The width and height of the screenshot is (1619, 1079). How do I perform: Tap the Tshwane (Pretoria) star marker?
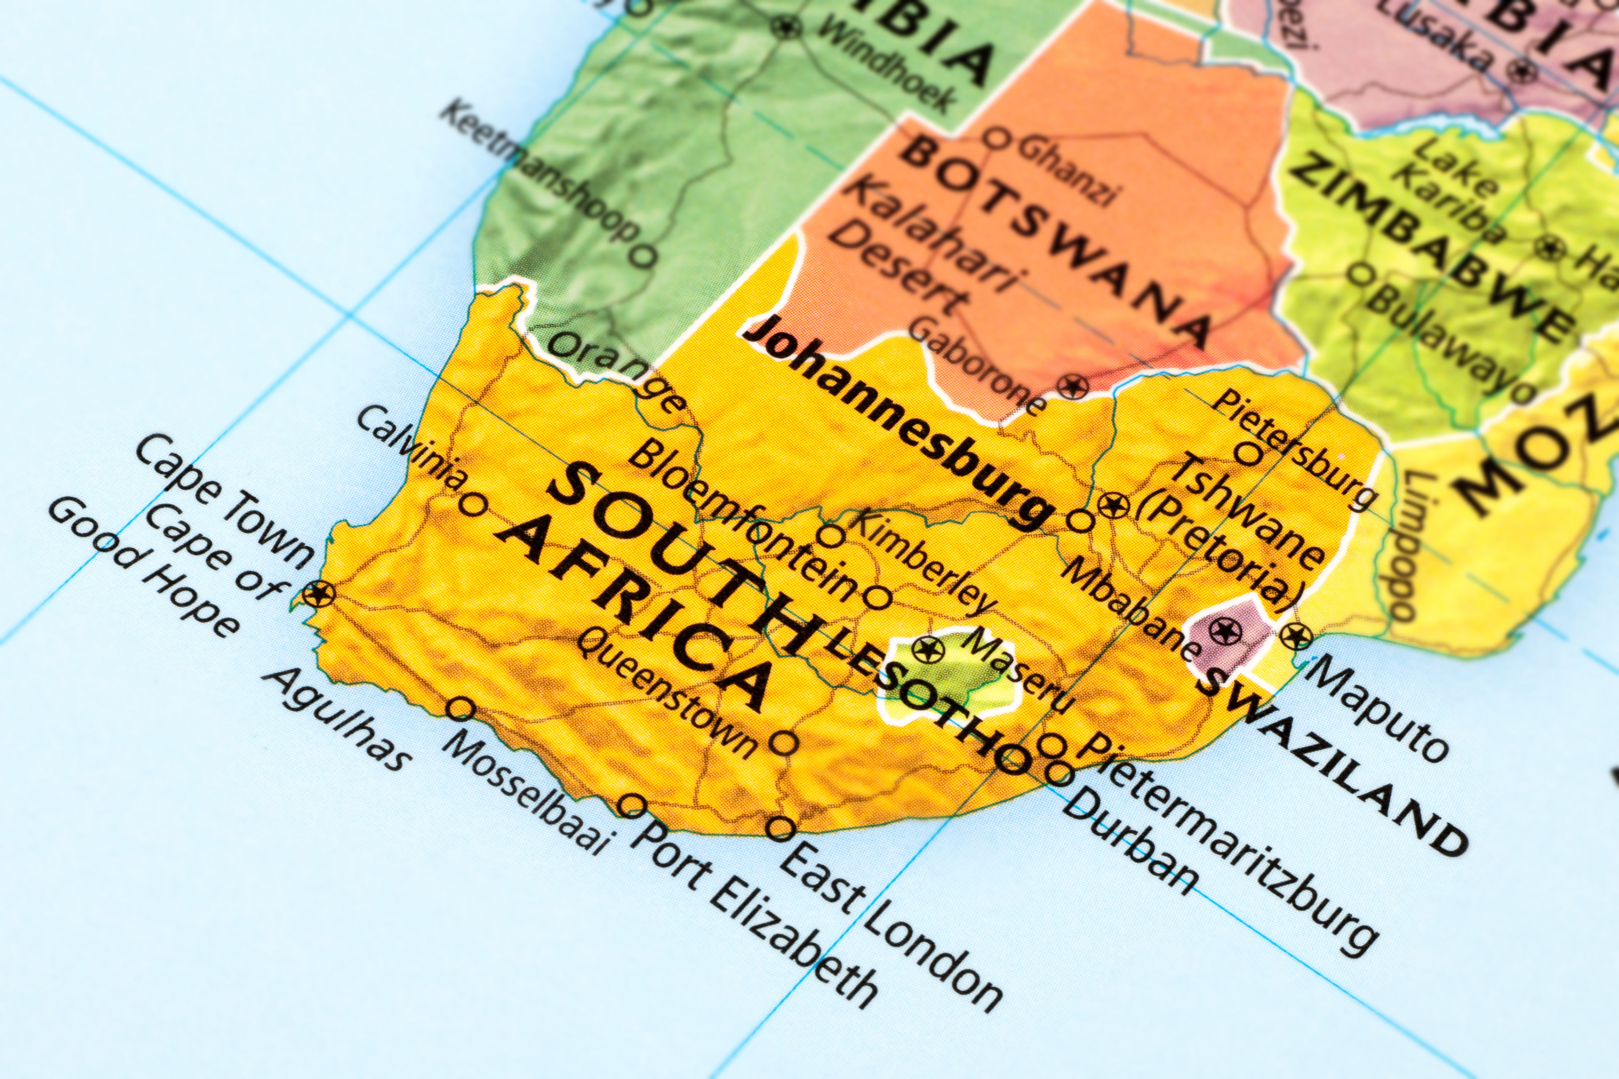pos(1112,506)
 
